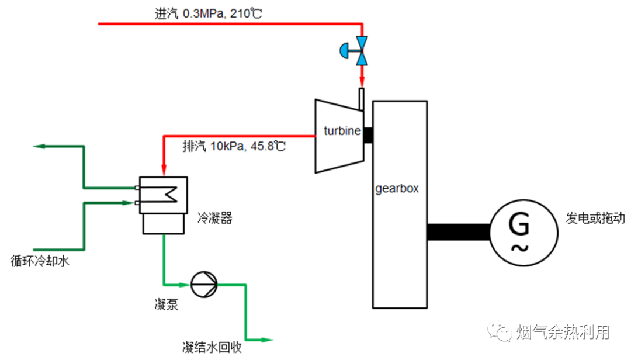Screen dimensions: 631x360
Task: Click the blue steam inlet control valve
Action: click(x=355, y=51)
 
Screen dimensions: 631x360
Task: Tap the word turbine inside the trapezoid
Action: click(x=342, y=131)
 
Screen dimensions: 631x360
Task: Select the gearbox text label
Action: click(x=397, y=189)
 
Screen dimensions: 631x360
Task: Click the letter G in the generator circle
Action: click(x=519, y=223)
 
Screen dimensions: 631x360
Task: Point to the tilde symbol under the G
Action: click(x=519, y=248)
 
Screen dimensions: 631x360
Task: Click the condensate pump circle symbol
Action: click(x=204, y=284)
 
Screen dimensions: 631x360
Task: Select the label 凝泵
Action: click(x=166, y=304)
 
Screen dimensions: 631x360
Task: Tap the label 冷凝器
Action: click(x=215, y=218)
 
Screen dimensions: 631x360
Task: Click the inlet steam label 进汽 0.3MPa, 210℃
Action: click(x=209, y=13)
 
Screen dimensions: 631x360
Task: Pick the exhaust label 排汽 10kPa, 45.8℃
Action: click(x=234, y=146)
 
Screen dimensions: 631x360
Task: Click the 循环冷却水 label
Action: click(x=40, y=261)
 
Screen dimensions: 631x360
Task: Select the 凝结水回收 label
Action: click(x=212, y=347)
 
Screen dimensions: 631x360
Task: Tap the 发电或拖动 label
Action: click(x=595, y=218)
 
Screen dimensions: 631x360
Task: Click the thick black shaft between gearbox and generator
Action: click(x=459, y=233)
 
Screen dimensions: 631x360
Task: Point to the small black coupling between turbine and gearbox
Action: click(x=368, y=135)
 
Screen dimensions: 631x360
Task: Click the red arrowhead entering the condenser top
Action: click(x=164, y=169)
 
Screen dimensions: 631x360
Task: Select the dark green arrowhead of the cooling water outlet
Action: click(x=40, y=146)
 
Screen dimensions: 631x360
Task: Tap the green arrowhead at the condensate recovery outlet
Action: click(x=267, y=340)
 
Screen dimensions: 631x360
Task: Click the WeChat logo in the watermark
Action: click(x=500, y=331)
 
